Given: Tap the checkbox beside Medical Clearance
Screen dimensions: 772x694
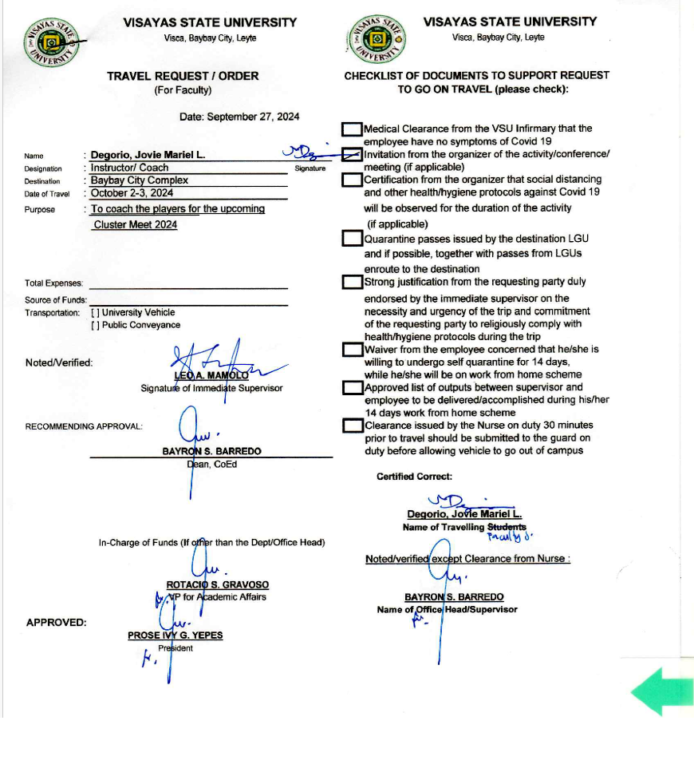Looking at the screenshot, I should coord(352,129).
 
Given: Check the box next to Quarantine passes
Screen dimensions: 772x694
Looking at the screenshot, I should coord(352,239).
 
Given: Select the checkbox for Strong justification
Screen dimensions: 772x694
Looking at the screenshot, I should coord(352,282).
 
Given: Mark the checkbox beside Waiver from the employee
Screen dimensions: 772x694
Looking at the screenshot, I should coord(352,350).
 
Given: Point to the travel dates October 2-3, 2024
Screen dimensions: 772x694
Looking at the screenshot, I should coord(132,193).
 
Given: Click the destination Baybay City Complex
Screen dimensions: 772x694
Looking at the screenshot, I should coord(139,180).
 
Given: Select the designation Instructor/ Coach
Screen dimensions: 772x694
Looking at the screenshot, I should coord(129,168).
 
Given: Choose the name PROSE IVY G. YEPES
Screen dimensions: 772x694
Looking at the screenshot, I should coord(175,635).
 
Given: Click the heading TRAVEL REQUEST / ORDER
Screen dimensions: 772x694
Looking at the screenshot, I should coord(183,76).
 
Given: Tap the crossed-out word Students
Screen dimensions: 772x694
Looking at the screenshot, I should coord(507,527).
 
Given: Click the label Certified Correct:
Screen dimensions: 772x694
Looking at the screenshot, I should coord(414,477).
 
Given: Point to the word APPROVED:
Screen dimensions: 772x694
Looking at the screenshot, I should coord(57,623).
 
